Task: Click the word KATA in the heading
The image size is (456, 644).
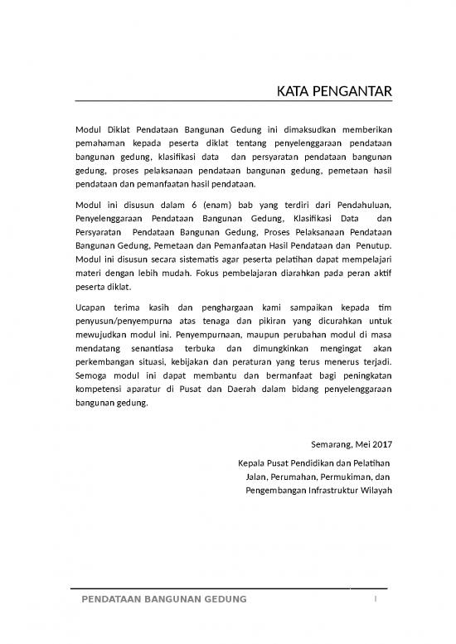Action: click(x=292, y=90)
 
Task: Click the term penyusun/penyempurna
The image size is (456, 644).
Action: click(x=120, y=322)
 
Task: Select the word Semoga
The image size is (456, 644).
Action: click(x=93, y=379)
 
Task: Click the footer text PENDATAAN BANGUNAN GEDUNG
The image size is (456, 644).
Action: click(x=163, y=598)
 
